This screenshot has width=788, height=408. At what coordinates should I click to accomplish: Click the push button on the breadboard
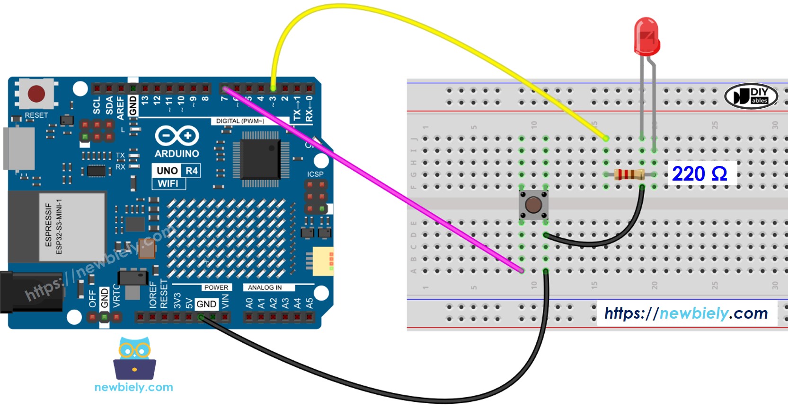coord(533,205)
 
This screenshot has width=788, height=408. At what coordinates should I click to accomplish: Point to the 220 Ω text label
coord(699,174)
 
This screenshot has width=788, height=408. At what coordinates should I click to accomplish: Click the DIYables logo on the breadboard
coord(751,96)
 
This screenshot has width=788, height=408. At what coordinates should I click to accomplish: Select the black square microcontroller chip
coord(260,159)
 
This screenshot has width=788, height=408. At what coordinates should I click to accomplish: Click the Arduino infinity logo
coord(177,136)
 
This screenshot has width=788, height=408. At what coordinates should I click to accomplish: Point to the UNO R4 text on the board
coord(177,171)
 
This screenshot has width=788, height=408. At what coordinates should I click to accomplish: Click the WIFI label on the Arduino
coord(168,183)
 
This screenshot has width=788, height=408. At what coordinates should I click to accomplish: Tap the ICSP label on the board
coord(315,174)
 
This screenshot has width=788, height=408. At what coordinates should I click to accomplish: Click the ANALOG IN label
coord(265,287)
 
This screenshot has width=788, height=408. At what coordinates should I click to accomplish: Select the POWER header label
coord(216,287)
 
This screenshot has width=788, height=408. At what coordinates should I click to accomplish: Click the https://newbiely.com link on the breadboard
coord(686,313)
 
